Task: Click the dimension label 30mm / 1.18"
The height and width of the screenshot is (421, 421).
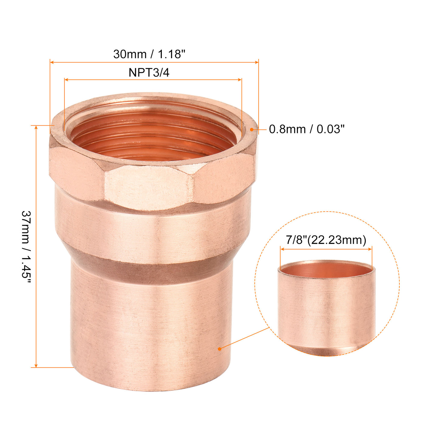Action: tap(149, 54)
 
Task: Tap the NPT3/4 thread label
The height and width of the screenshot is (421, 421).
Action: tap(149, 72)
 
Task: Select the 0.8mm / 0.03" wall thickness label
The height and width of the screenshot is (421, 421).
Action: tap(306, 129)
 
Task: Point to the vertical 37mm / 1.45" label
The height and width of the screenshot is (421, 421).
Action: tap(26, 247)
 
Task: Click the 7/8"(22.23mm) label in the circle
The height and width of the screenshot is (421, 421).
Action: tap(326, 240)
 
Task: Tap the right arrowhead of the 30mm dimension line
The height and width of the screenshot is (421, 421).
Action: tap(257, 62)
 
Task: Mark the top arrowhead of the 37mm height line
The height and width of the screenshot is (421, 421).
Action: tap(36, 128)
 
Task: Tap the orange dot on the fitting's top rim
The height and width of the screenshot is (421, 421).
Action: tap(251, 130)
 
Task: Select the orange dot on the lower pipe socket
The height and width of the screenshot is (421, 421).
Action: tap(220, 349)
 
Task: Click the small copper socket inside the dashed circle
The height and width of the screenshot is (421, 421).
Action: tap(327, 307)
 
